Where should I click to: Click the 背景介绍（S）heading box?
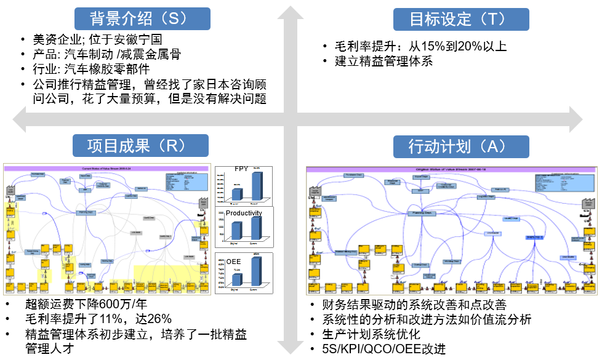[x=142, y=18]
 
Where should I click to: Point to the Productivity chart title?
[x=244, y=213]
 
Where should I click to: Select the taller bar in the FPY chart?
[x=257, y=186]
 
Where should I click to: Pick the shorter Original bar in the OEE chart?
[x=236, y=280]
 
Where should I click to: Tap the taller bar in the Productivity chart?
[x=257, y=228]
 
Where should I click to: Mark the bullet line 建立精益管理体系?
[x=383, y=61]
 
